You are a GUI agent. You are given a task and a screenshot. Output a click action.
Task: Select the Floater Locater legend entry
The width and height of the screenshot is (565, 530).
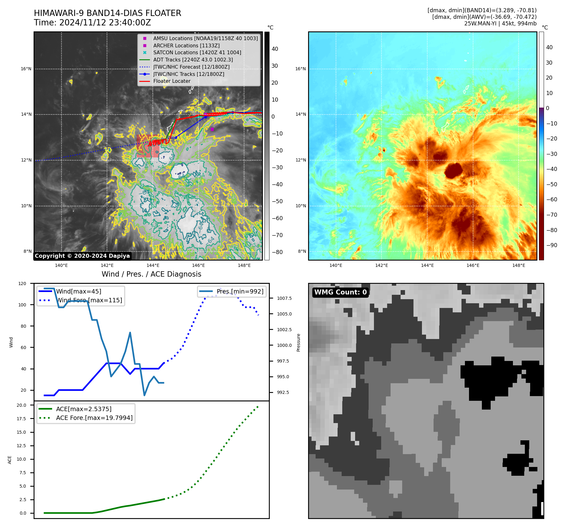coord(172,81)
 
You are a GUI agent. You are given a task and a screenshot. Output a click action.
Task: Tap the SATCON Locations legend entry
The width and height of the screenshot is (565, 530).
coord(197,52)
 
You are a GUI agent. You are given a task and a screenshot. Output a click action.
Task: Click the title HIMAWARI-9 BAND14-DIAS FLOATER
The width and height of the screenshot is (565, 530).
coord(107,13)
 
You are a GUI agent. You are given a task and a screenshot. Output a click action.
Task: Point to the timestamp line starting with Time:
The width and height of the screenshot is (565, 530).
coord(92,23)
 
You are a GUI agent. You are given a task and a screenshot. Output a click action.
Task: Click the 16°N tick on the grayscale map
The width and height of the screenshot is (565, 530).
coord(26,69)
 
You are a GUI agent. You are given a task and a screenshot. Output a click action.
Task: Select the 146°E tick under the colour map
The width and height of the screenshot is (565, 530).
coord(473,265)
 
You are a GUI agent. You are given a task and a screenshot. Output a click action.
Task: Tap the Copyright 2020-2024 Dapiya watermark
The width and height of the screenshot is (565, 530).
coord(82,256)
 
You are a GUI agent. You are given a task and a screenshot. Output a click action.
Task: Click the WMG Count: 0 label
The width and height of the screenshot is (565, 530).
coord(340,292)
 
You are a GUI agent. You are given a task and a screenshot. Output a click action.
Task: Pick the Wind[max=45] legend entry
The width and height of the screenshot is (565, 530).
coord(78,291)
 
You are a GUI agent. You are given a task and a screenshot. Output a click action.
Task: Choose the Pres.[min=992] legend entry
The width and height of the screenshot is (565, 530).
coord(240,291)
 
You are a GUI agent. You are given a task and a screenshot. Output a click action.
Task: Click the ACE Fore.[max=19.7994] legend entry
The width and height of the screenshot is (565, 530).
coord(94,418)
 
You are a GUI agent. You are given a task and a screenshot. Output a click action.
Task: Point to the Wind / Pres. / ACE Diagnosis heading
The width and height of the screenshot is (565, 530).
coord(151,274)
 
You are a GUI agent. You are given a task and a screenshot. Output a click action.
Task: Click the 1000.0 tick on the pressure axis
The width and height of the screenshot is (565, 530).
coord(284,345)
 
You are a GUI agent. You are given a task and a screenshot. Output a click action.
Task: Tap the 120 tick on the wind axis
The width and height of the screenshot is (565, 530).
coord(22,284)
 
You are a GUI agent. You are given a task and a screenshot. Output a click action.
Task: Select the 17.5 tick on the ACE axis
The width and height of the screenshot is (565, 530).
coord(21,419)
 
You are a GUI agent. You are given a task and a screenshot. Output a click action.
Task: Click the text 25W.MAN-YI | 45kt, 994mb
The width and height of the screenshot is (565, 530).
coord(500,24)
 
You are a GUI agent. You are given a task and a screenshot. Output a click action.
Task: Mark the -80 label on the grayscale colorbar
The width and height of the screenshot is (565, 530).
coord(277,252)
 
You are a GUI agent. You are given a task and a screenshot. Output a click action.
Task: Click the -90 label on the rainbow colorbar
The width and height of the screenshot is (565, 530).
coord(552,245)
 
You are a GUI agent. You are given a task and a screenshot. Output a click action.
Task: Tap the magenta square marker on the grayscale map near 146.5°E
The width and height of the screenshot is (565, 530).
coord(212,129)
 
